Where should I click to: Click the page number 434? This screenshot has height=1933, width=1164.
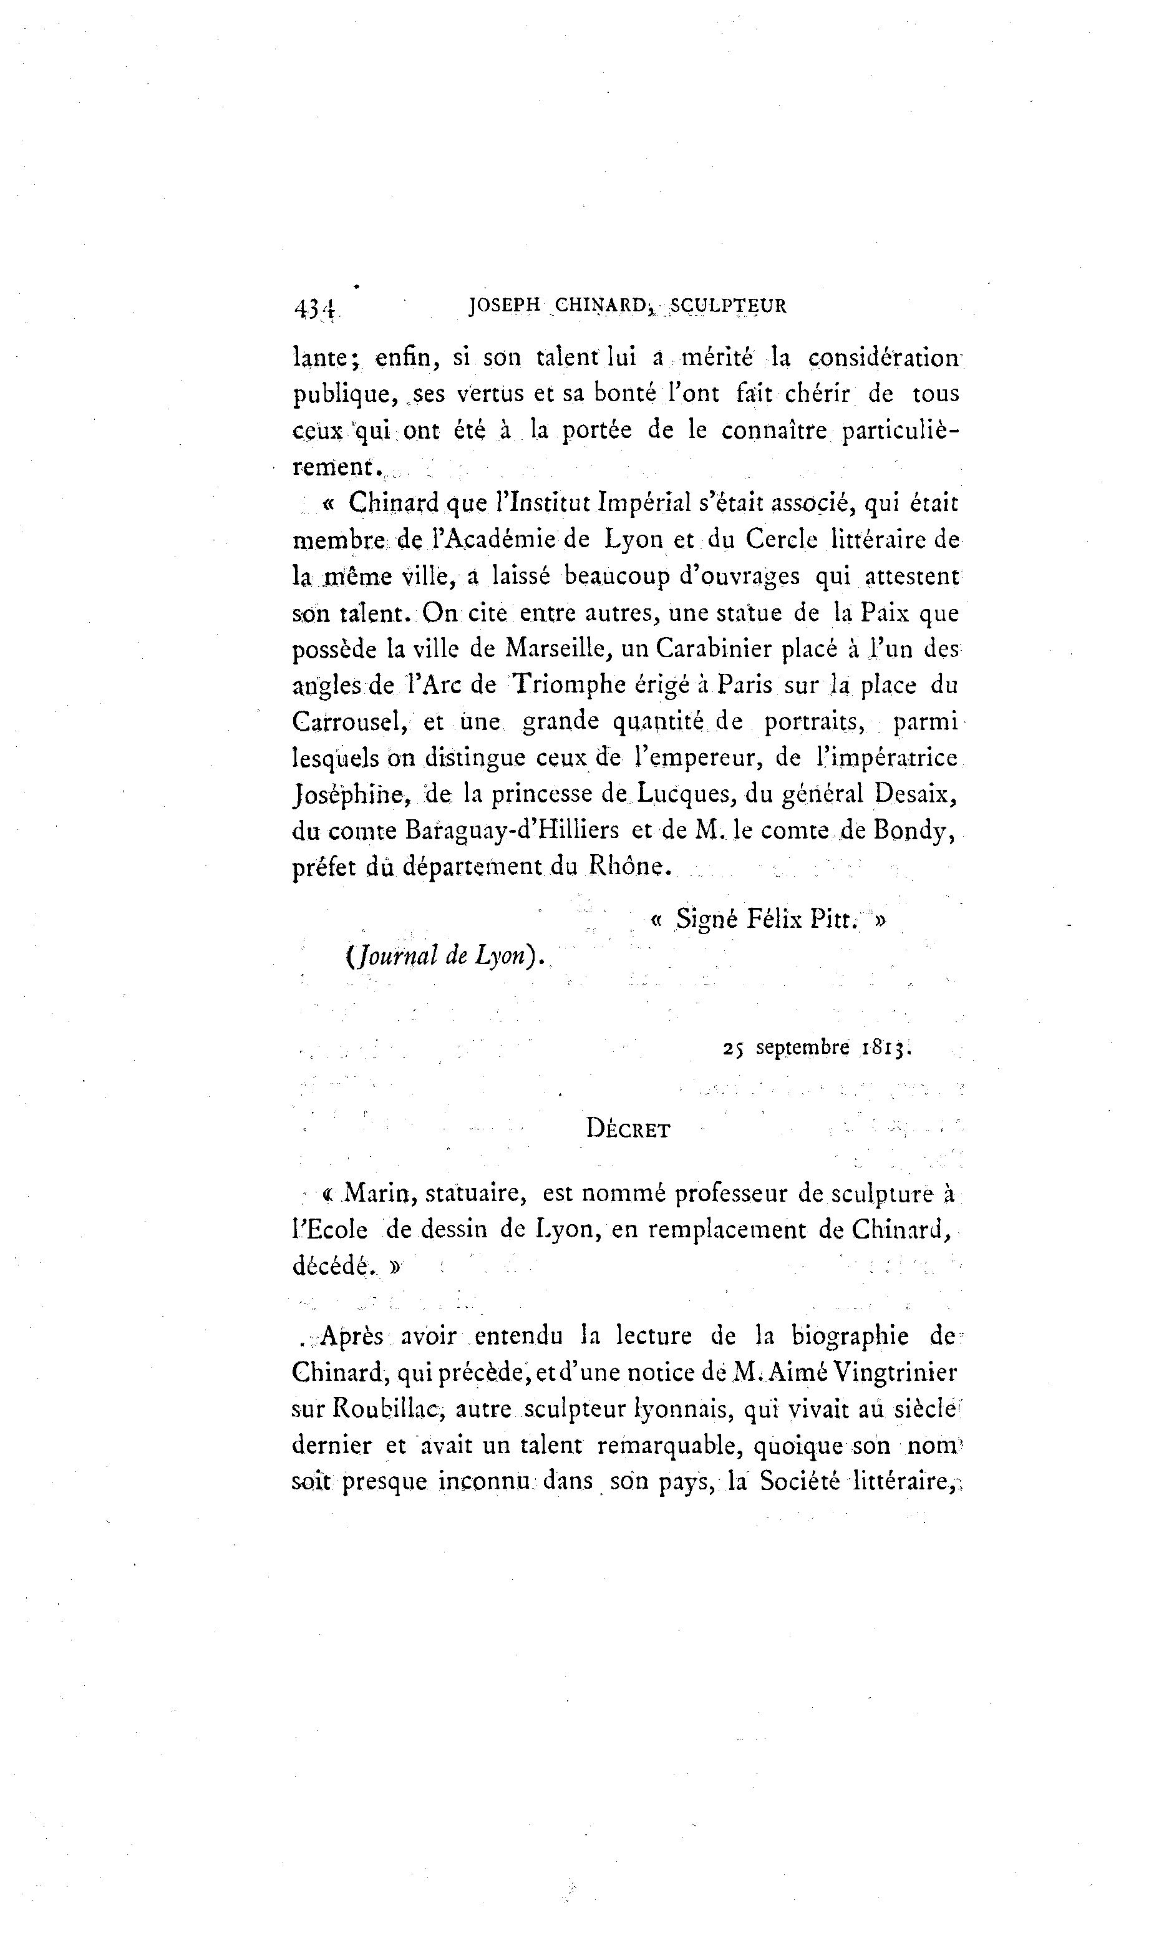[x=314, y=308]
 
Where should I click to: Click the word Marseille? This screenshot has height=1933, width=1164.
[x=558, y=650]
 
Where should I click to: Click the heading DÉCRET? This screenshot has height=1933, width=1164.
[x=628, y=1130]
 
